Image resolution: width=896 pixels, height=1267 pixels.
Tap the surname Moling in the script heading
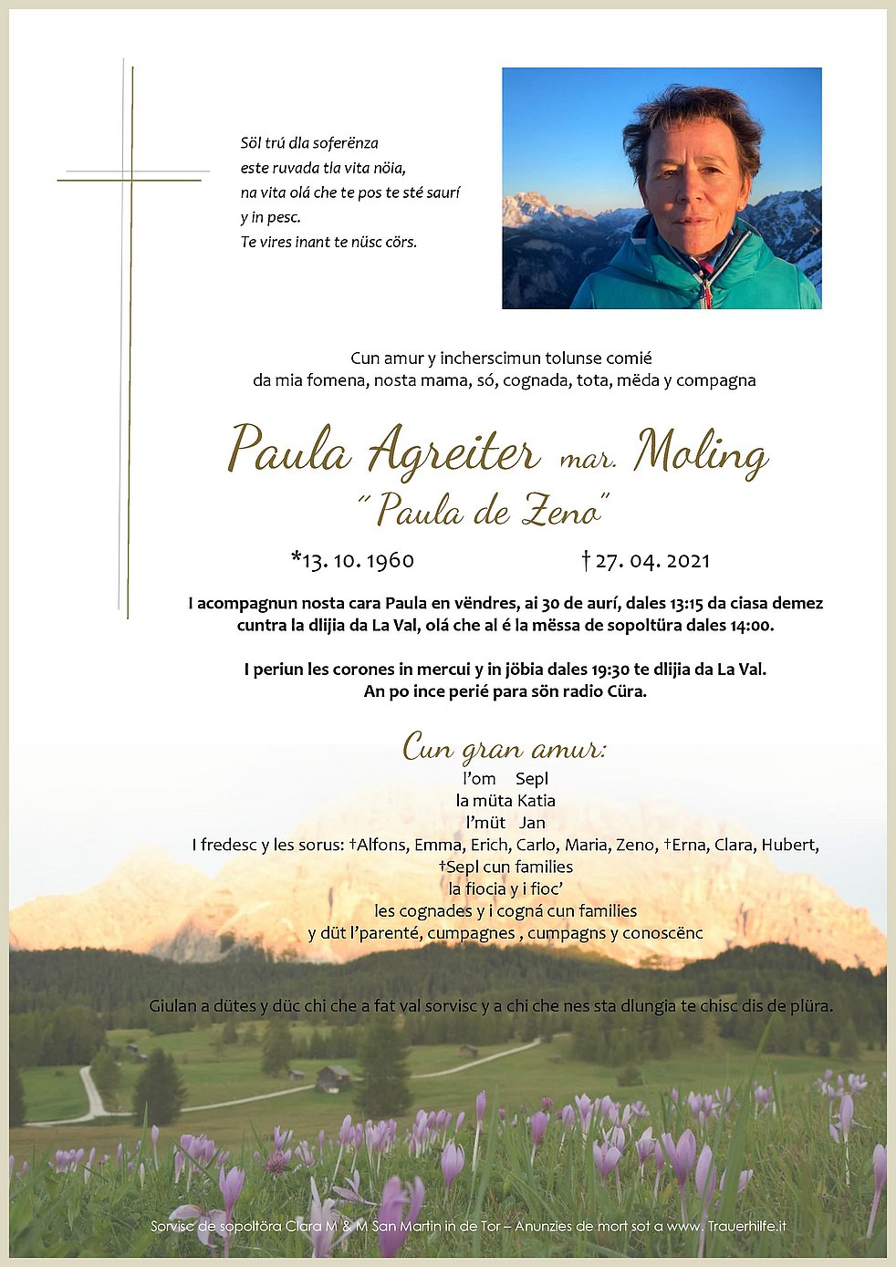pyautogui.click(x=701, y=452)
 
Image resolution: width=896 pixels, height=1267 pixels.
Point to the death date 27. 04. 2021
pyautogui.click(x=651, y=560)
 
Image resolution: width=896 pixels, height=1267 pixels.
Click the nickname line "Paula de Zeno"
pyautogui.click(x=484, y=511)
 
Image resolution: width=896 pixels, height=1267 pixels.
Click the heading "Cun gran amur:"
pyautogui.click(x=504, y=749)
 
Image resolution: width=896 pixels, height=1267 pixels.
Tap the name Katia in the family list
pyautogui.click(x=536, y=801)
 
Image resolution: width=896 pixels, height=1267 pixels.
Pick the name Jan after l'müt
pyautogui.click(x=533, y=823)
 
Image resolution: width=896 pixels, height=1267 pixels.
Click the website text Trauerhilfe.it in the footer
pyautogui.click(x=746, y=1226)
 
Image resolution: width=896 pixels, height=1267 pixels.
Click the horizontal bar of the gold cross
pyautogui.click(x=130, y=180)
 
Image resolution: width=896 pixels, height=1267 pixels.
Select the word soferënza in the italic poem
pyautogui.click(x=345, y=143)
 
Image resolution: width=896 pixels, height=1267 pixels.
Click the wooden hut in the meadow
pyautogui.click(x=333, y=1078)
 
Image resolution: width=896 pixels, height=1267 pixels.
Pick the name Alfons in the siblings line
pyautogui.click(x=382, y=845)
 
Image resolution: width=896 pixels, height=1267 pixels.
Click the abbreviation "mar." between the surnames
pyautogui.click(x=587, y=460)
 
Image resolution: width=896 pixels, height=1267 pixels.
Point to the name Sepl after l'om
pyautogui.click(x=532, y=779)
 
